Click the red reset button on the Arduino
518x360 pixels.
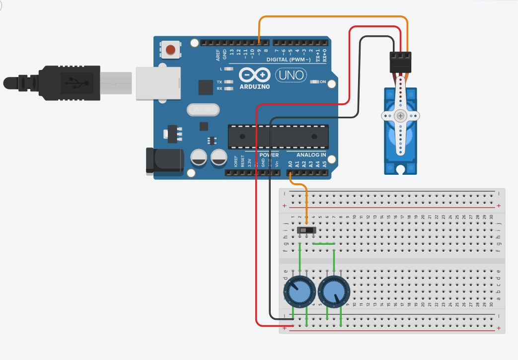pos(171,50)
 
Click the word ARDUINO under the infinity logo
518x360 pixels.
pos(255,86)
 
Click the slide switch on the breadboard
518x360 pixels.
pos(307,230)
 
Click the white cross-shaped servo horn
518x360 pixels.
pos(400,116)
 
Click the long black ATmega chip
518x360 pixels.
pos(278,137)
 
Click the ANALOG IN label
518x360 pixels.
pos(311,155)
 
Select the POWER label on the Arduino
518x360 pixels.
pos(269,155)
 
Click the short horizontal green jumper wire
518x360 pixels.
pos(324,244)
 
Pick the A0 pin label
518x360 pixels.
pos(291,163)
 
